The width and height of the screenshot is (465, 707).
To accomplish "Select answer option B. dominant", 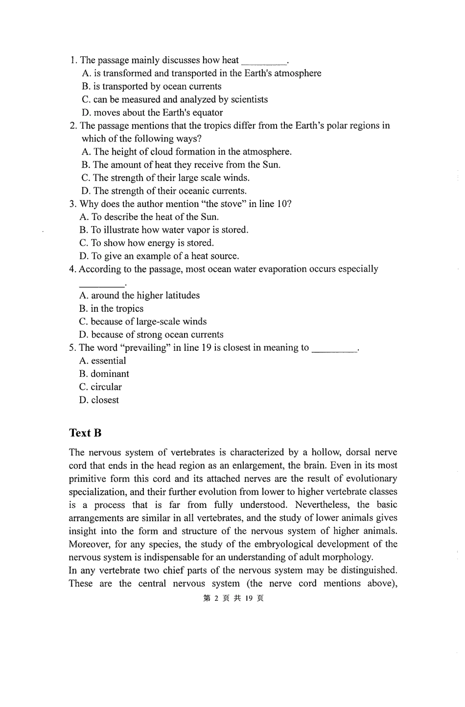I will [x=104, y=374].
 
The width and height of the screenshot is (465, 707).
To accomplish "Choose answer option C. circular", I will [x=100, y=387].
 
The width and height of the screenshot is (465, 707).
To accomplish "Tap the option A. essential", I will [x=102, y=361].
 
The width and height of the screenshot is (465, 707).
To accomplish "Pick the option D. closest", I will [x=99, y=400].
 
